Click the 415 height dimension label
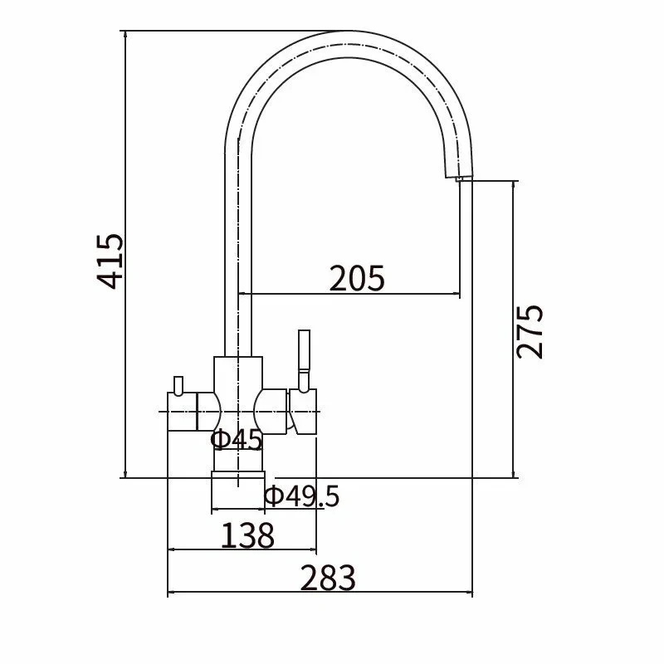point(110,261)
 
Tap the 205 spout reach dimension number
point(357,278)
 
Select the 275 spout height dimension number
point(530,331)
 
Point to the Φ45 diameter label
point(237,439)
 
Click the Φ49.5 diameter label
point(302,496)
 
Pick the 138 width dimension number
point(247,535)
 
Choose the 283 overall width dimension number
point(328,578)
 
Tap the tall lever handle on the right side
point(304,361)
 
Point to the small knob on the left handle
point(178,385)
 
